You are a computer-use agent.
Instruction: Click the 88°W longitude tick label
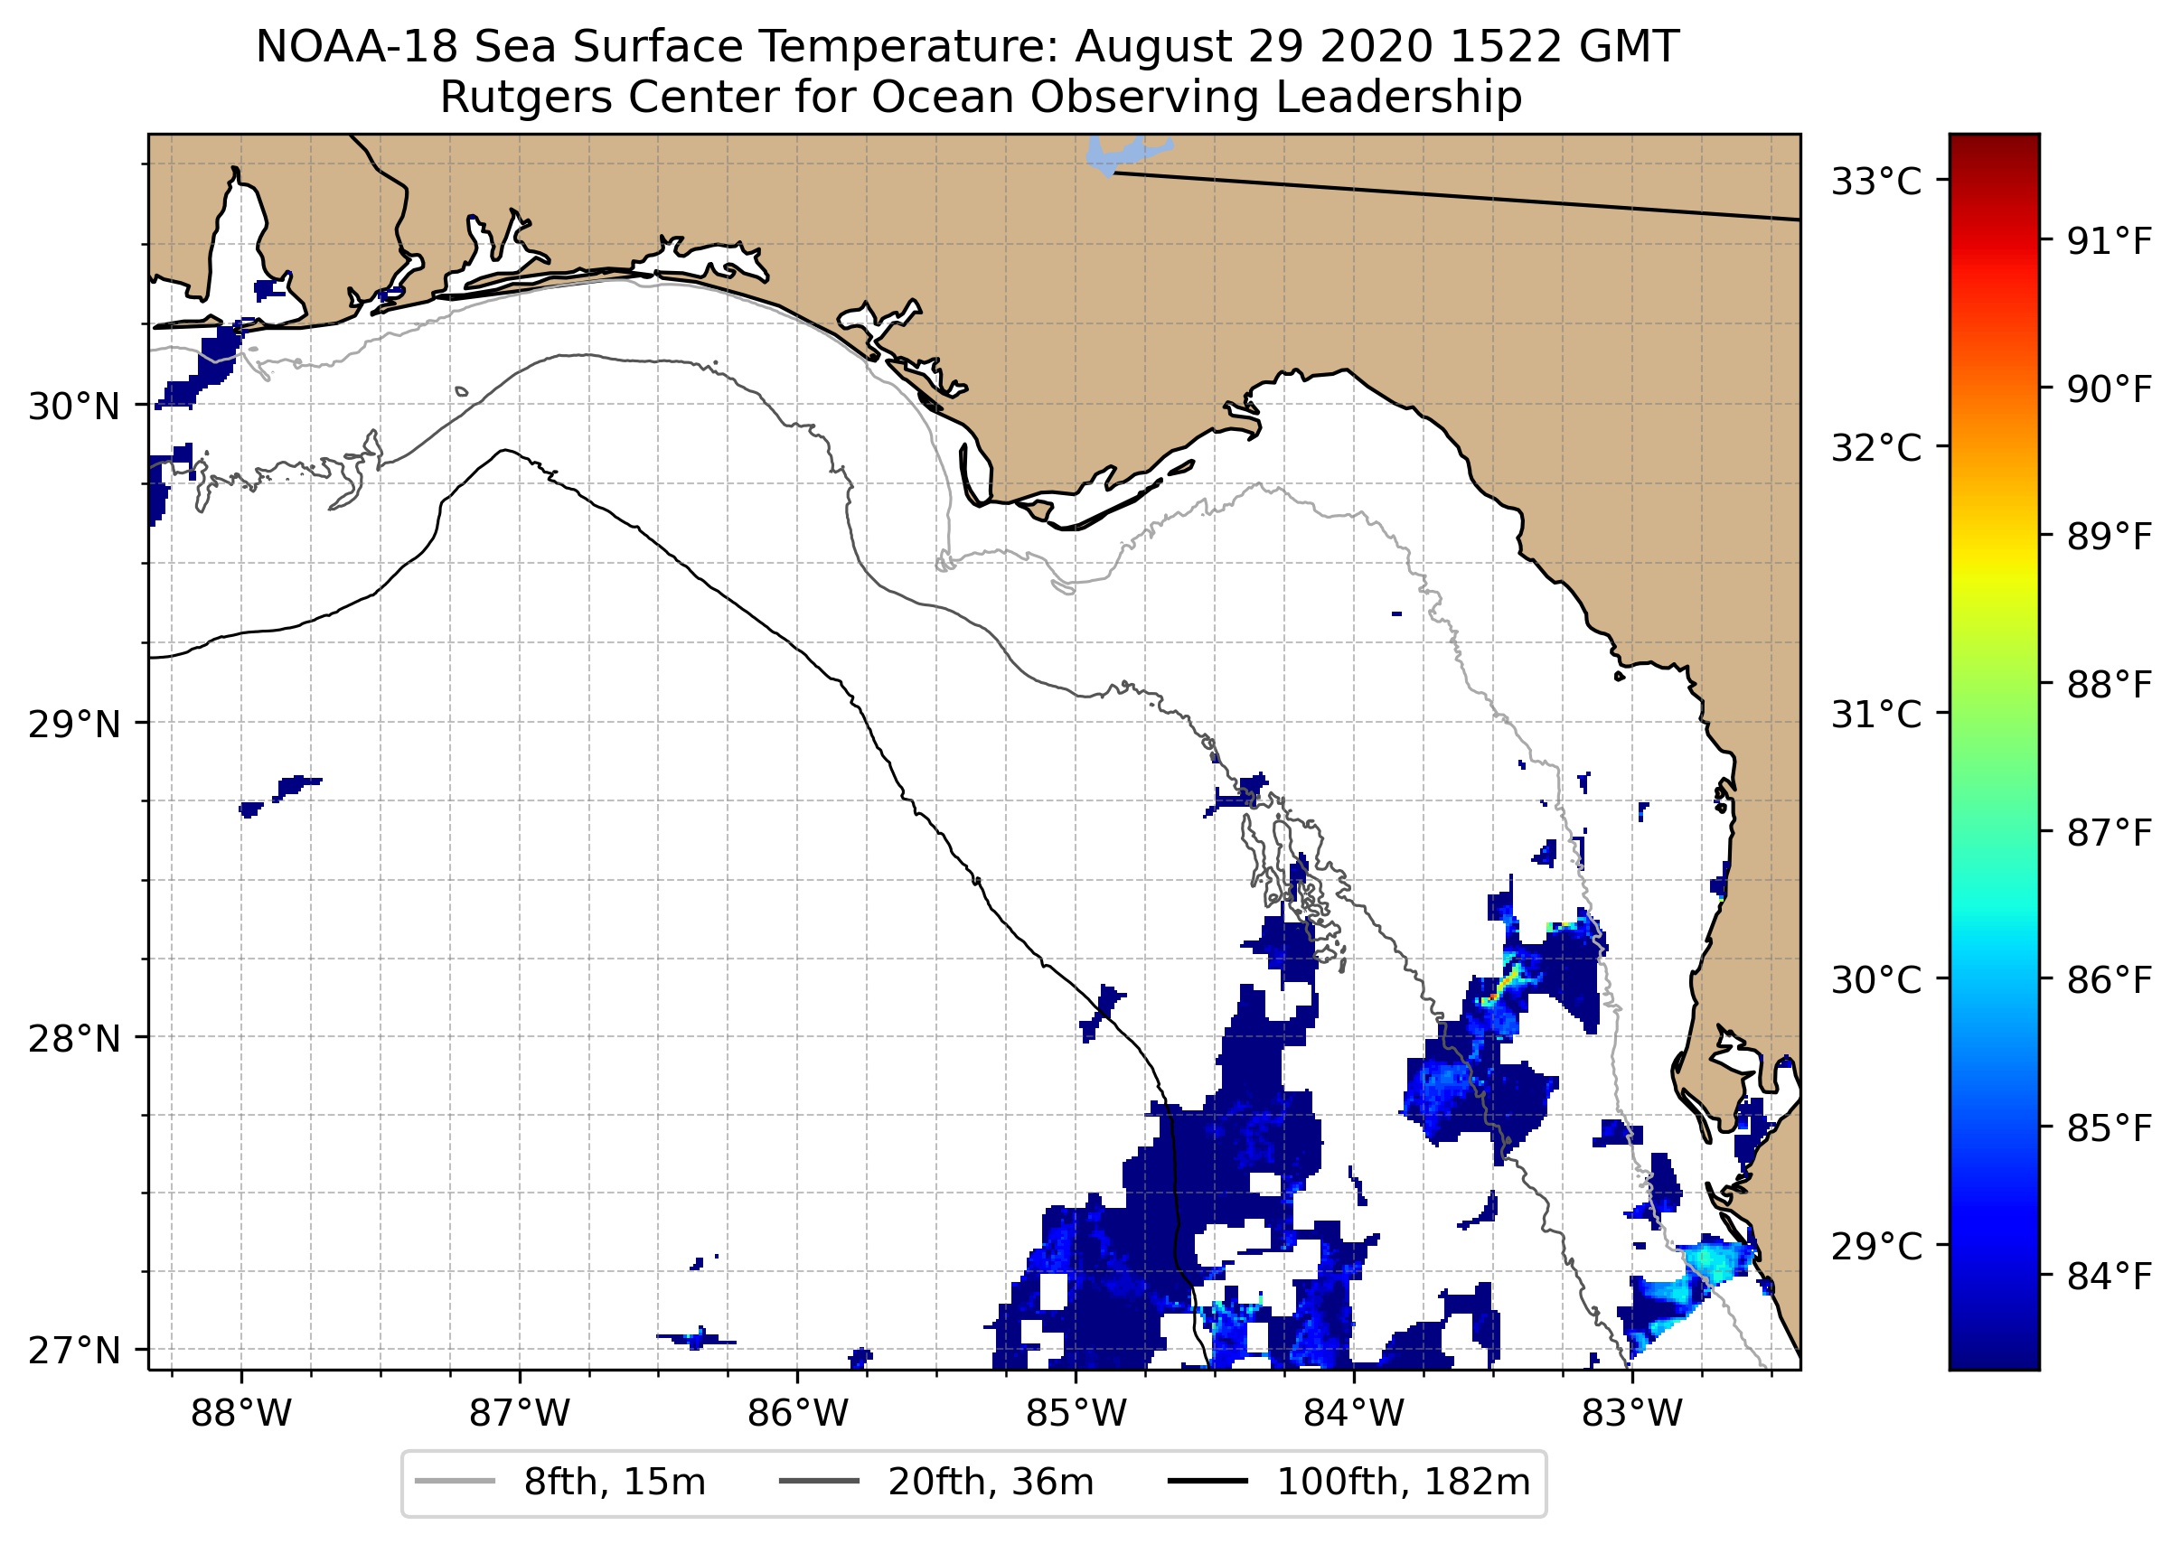click(240, 1414)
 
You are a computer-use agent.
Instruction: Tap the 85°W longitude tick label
click(1076, 1414)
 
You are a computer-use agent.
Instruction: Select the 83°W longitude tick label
click(1632, 1414)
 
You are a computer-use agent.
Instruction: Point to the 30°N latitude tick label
click(74, 407)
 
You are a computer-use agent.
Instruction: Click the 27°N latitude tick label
click(74, 1350)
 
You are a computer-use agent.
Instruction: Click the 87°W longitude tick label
click(520, 1414)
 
